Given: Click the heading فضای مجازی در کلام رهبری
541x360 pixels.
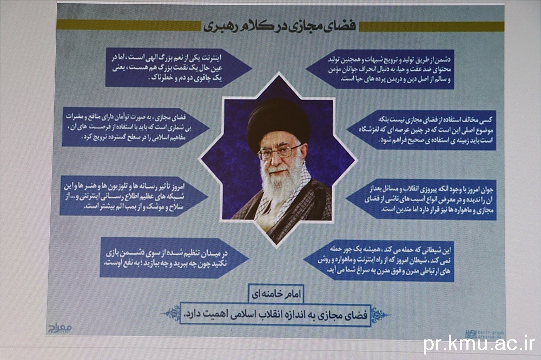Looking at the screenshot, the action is pyautogui.click(x=279, y=26).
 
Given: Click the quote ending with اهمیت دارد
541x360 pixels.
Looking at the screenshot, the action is pyautogui.click(x=275, y=315).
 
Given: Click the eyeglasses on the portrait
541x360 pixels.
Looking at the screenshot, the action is pyautogui.click(x=279, y=152).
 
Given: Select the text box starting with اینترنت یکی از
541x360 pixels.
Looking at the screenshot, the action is pyautogui.click(x=179, y=68).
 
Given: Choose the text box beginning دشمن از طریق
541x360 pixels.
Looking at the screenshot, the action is pyautogui.click(x=380, y=69).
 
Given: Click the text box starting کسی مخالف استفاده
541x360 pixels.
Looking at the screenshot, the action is pyautogui.click(x=421, y=130).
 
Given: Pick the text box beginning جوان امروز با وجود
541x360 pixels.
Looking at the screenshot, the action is pyautogui.click(x=421, y=199).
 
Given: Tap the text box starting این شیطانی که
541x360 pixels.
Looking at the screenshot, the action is pyautogui.click(x=379, y=261).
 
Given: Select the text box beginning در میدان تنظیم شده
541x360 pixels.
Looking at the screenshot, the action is pyautogui.click(x=174, y=257).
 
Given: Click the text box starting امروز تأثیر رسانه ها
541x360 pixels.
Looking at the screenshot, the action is pyautogui.click(x=134, y=196).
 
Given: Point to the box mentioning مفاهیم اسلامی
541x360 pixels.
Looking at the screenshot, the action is pyautogui.click(x=136, y=127).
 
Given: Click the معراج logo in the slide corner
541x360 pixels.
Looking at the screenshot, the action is pyautogui.click(x=59, y=328).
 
